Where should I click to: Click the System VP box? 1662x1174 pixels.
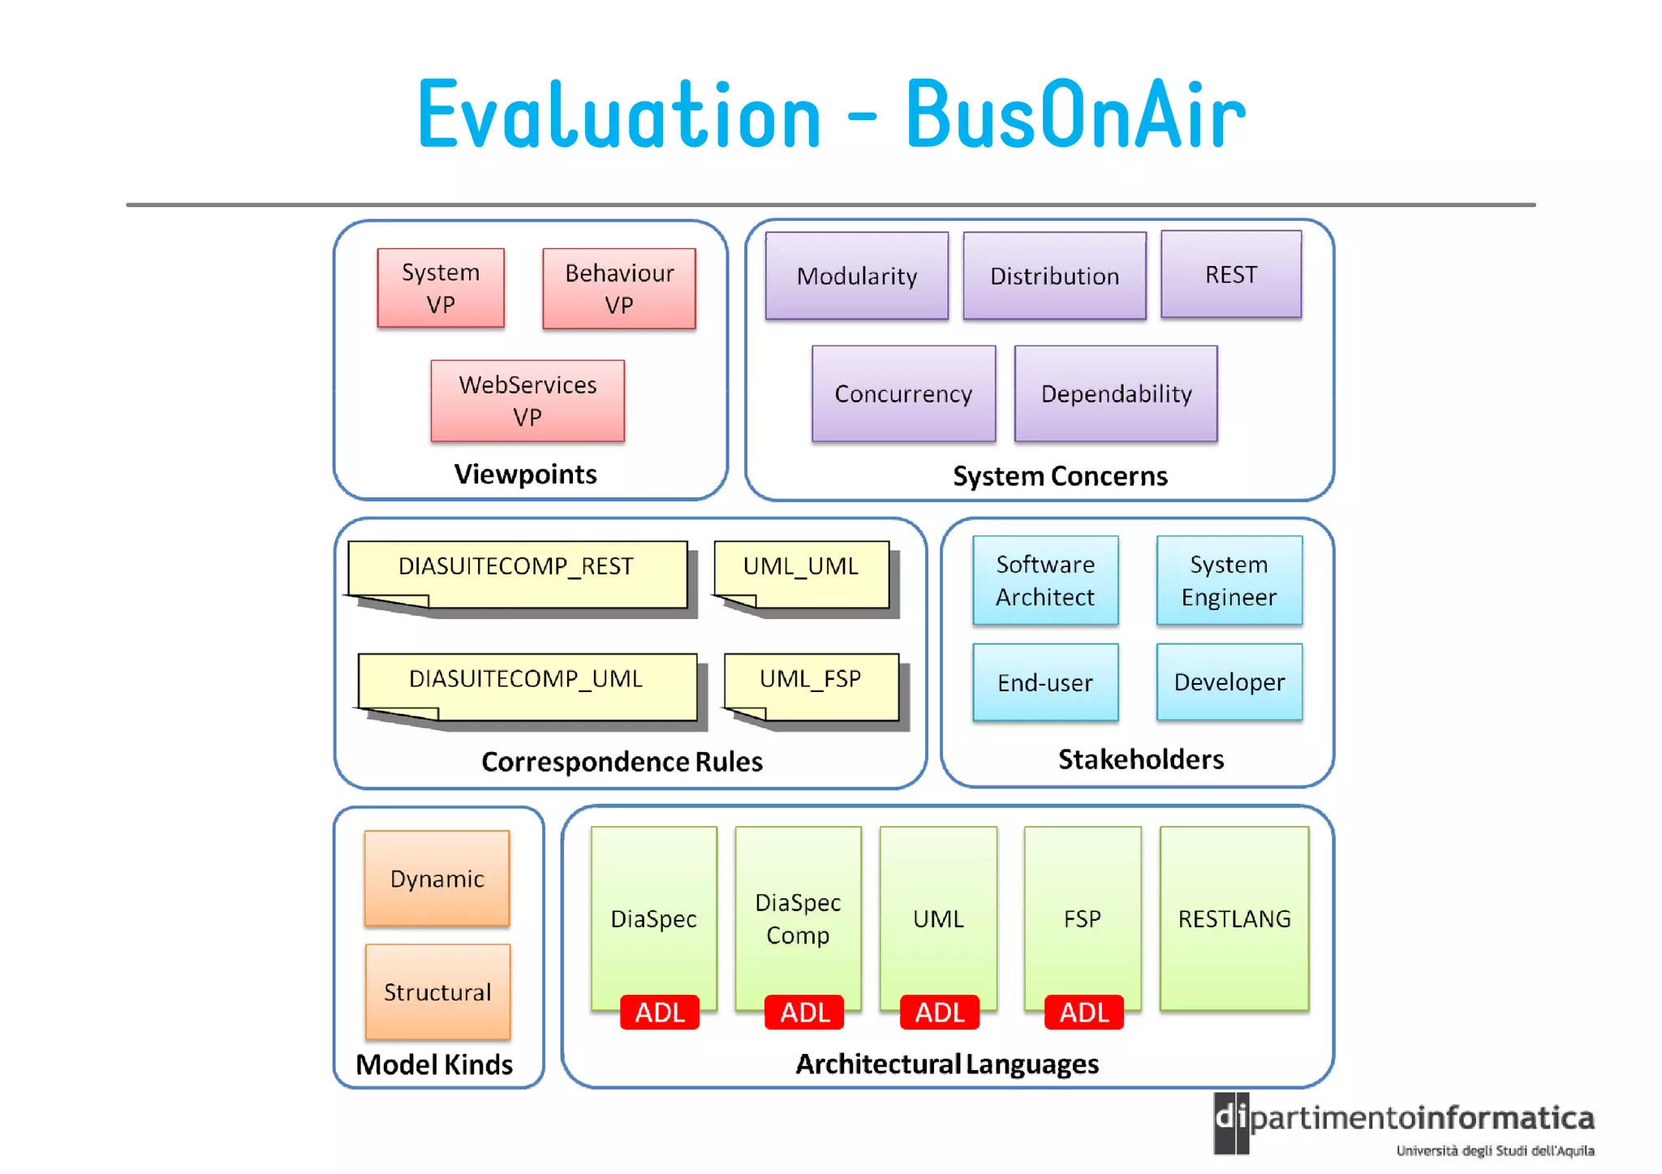click(x=441, y=288)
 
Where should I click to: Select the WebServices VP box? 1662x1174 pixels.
click(x=527, y=401)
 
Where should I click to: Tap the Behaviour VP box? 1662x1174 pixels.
click(x=618, y=289)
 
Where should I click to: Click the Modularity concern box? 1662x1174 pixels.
click(x=856, y=276)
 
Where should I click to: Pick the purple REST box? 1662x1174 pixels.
click(x=1230, y=274)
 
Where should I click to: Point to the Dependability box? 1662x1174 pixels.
click(x=1116, y=393)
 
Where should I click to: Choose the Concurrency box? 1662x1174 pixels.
click(x=903, y=393)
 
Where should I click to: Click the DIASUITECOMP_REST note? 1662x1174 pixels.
click(x=516, y=572)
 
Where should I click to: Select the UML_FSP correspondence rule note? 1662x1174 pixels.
click(x=810, y=683)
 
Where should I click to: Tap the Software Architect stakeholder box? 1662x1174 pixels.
click(x=1045, y=580)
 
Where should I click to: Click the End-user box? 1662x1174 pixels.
click(x=1045, y=682)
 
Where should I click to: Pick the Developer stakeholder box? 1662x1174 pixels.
click(x=1229, y=682)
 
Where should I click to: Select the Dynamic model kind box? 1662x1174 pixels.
click(x=437, y=879)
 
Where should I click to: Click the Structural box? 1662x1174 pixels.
click(x=437, y=991)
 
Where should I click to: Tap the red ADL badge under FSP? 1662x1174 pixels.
click(x=1083, y=1013)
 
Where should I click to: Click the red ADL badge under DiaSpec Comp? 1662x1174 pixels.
click(x=804, y=1013)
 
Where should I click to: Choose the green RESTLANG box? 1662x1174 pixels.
click(x=1234, y=918)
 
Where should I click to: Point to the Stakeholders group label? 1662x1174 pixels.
click(x=1140, y=759)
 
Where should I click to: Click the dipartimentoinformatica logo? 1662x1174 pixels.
click(x=1404, y=1124)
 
